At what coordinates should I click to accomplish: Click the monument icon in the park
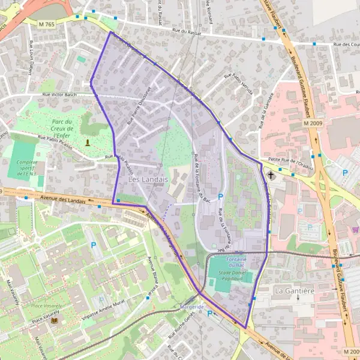coord(88,142)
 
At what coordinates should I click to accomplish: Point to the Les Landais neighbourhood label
coord(148,179)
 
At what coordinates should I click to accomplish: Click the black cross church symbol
coord(271,176)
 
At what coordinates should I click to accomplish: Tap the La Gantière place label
coord(295,291)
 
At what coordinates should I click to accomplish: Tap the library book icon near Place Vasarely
coord(55,321)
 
